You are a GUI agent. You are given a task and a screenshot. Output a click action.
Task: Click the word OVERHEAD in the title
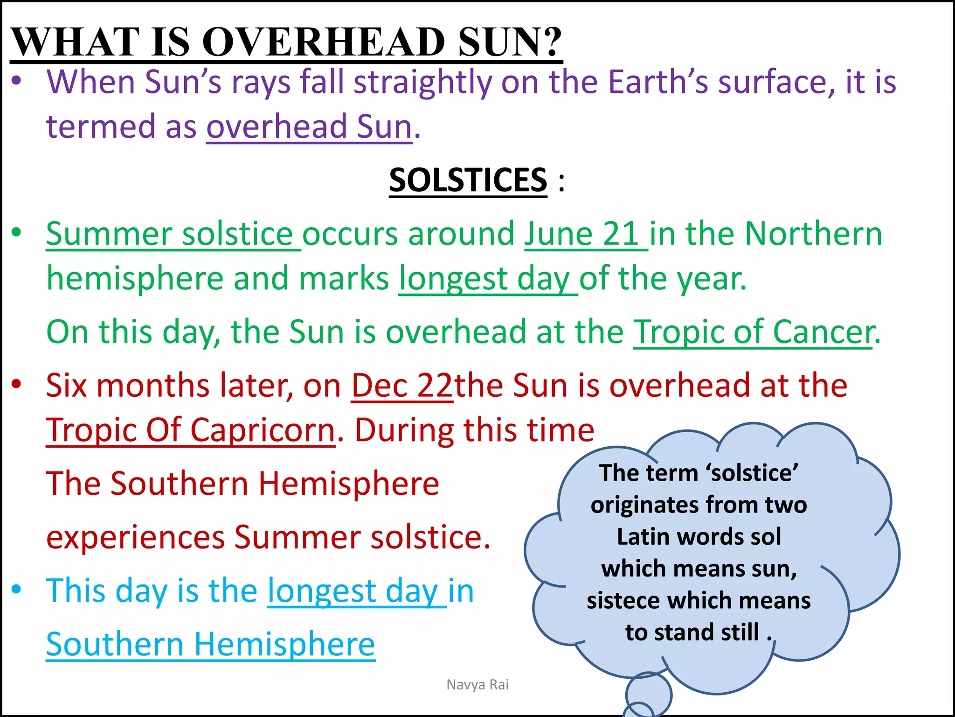click(x=324, y=42)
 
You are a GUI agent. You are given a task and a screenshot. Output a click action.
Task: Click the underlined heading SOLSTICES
click(x=468, y=180)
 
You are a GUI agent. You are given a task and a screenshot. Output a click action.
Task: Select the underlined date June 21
click(x=586, y=234)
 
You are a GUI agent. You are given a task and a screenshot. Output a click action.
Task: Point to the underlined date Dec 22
click(x=402, y=386)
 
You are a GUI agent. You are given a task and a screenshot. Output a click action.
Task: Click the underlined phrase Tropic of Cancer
click(x=753, y=332)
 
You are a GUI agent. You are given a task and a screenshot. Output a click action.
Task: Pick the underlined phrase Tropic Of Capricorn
click(x=190, y=430)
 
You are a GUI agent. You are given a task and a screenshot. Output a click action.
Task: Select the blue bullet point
click(x=17, y=589)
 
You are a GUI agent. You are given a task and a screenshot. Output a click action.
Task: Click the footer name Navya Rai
click(x=477, y=685)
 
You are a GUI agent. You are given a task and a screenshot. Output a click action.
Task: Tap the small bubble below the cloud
click(x=648, y=694)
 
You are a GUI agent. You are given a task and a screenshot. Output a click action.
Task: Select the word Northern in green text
click(x=813, y=234)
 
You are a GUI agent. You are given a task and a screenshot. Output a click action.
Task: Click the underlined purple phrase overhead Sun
click(x=309, y=127)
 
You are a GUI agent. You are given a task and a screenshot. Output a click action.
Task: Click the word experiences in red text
click(x=136, y=538)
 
